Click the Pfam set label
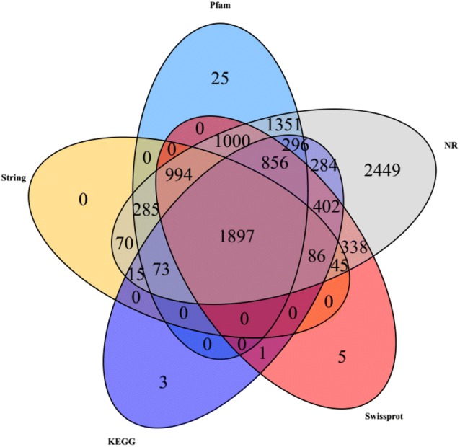[x=221, y=6]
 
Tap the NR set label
[x=448, y=143]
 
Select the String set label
[x=14, y=177]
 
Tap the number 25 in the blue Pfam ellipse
[x=221, y=78]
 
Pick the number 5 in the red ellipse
[x=343, y=355]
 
